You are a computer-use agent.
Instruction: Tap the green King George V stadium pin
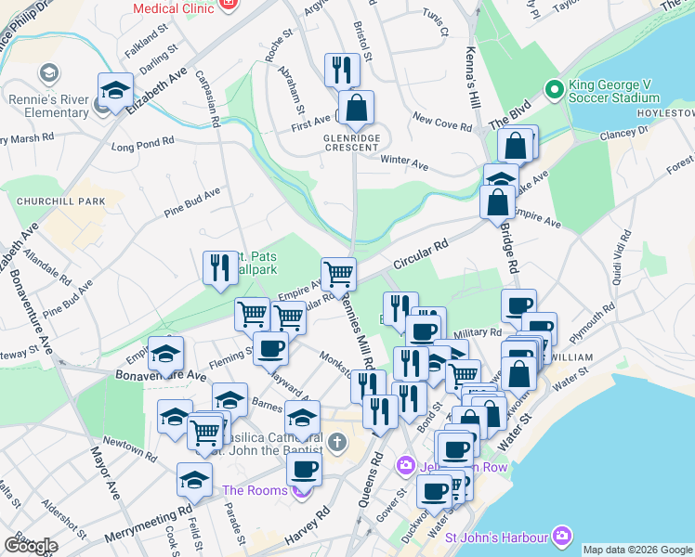pos(555,90)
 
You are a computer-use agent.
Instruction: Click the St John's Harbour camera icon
pos(561,537)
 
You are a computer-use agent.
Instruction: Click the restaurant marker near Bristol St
pos(342,71)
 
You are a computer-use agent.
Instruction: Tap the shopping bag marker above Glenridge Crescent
pos(356,108)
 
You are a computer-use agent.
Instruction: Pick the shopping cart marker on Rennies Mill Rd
pos(338,274)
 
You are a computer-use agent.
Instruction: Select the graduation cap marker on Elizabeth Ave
pos(115,90)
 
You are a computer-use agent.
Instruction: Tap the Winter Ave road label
pos(404,162)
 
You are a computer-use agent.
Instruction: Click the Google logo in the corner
pos(30,545)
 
